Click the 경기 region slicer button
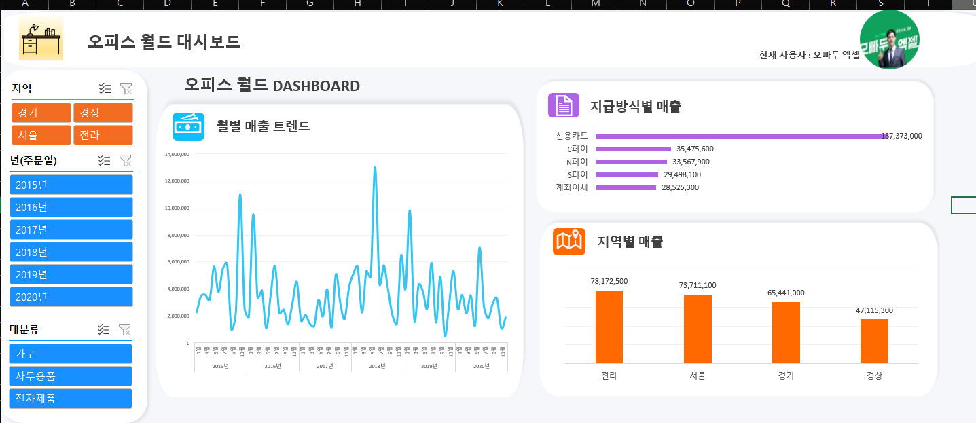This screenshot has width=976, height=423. pyautogui.click(x=41, y=113)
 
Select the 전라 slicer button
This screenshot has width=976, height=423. pyautogui.click(x=103, y=135)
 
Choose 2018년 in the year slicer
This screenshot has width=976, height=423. pyautogui.click(x=71, y=252)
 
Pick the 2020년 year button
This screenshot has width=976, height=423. pyautogui.click(x=71, y=297)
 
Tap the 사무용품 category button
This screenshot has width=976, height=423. pyautogui.click(x=70, y=376)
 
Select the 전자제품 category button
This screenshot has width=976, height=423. pyautogui.click(x=70, y=399)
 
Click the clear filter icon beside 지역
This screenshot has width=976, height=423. pyautogui.click(x=126, y=88)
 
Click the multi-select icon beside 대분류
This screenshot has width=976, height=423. pyautogui.click(x=104, y=330)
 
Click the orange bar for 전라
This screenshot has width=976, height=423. pyautogui.click(x=609, y=327)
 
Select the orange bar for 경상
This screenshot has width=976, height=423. pyautogui.click(x=874, y=341)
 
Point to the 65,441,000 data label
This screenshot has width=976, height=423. pyautogui.click(x=786, y=293)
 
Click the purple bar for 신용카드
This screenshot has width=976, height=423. pyautogui.click(x=740, y=136)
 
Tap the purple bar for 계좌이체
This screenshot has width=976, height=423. pyautogui.click(x=626, y=187)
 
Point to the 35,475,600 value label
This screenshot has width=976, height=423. pyautogui.click(x=695, y=149)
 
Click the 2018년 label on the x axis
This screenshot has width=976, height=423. pyautogui.click(x=377, y=366)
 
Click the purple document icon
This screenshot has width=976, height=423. pyautogui.click(x=563, y=105)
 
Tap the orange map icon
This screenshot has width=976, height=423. pyautogui.click(x=569, y=241)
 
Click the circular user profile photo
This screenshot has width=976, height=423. pyautogui.click(x=889, y=39)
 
